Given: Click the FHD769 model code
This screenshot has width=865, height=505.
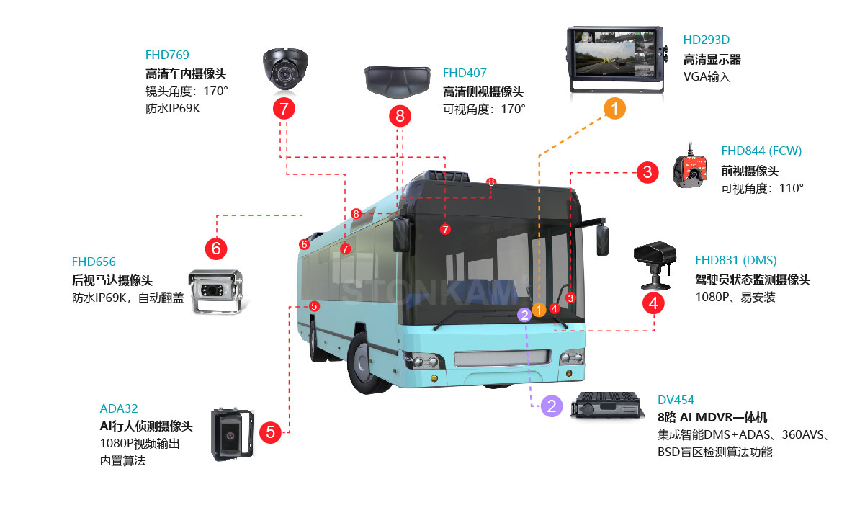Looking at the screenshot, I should click(x=167, y=55).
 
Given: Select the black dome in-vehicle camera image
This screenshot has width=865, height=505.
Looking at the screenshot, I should click(x=285, y=67).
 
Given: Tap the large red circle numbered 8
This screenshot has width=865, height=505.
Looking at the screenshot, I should click(x=400, y=115).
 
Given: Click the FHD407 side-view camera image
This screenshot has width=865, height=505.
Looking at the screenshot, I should click(x=398, y=82).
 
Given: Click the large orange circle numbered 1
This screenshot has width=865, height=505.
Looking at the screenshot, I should click(x=614, y=108).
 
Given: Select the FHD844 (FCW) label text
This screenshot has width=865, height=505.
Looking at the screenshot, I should click(x=761, y=151).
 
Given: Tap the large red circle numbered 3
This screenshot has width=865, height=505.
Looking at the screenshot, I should click(x=647, y=172).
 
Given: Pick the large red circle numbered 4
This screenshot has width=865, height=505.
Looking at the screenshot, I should click(x=653, y=303).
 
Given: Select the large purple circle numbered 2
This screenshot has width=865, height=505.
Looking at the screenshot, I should click(x=552, y=406).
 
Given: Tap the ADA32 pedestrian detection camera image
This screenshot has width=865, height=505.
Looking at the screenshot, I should click(x=230, y=434).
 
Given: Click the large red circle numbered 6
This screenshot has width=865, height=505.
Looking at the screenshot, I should click(x=216, y=249).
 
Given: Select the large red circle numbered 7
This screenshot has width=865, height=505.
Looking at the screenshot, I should click(x=284, y=110).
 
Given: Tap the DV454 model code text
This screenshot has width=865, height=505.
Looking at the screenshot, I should click(x=676, y=400).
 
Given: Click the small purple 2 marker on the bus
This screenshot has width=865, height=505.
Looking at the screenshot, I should click(x=525, y=314).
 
